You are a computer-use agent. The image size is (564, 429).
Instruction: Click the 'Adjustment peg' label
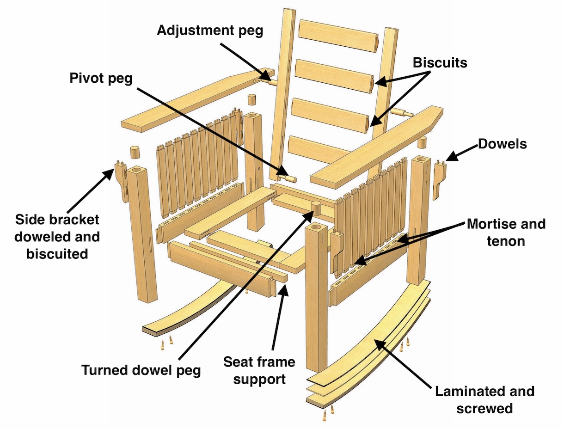(x=210, y=31)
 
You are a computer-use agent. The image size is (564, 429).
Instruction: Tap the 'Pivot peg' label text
(x=101, y=78)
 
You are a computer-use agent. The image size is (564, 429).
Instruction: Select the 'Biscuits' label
(x=440, y=62)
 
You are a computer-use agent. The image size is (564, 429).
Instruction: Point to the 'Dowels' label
(x=502, y=144)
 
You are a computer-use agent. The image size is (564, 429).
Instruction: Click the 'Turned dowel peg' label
(x=141, y=370)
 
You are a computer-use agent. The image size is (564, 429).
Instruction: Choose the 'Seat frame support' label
(x=259, y=370)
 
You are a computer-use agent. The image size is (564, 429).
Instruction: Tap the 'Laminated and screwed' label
(x=484, y=399)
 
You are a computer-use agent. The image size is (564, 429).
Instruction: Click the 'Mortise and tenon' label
(x=506, y=233)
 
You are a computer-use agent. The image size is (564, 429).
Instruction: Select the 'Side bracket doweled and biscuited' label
(x=57, y=236)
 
